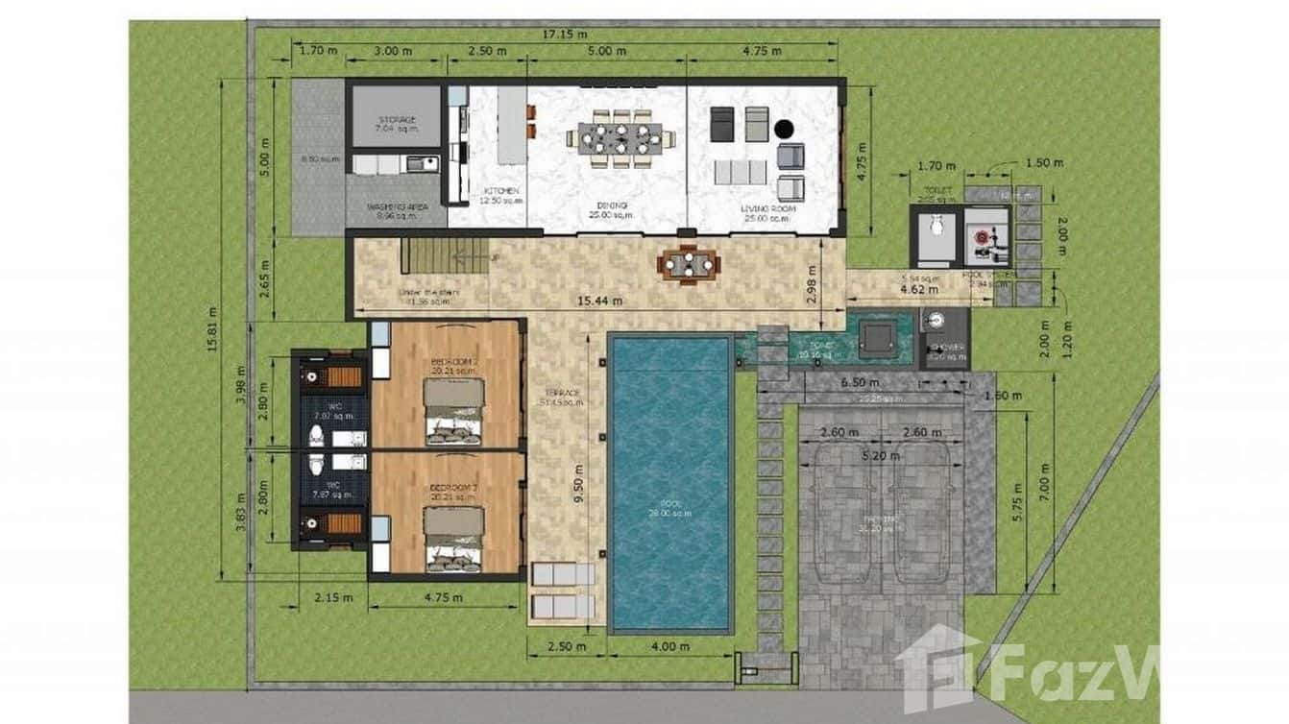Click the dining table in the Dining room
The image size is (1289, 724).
point(620,138)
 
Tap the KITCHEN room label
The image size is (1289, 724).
point(501,192)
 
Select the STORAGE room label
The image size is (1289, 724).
point(396,121)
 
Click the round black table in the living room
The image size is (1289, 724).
point(785,128)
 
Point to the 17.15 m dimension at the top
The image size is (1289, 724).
point(565,35)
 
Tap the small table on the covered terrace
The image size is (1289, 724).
point(688,265)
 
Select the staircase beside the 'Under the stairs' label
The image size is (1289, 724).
point(445,255)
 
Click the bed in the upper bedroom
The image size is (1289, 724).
point(454,412)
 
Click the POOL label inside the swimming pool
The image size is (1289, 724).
point(669,504)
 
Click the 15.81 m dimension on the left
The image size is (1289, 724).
point(212,329)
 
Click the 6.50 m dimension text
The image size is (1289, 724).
point(858,382)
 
